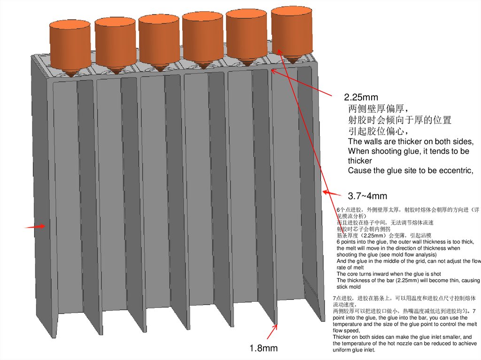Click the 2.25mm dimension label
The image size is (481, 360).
coord(361,98)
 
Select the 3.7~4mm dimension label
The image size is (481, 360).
coord(367,196)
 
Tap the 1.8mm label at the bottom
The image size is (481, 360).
coord(264,348)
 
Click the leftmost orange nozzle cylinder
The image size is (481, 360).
coord(70,41)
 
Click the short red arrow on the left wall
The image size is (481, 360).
coord(35,227)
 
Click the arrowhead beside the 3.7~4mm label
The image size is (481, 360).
coord(326,192)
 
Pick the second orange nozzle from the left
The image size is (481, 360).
coord(115,39)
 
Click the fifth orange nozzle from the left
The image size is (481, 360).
coord(246,32)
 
